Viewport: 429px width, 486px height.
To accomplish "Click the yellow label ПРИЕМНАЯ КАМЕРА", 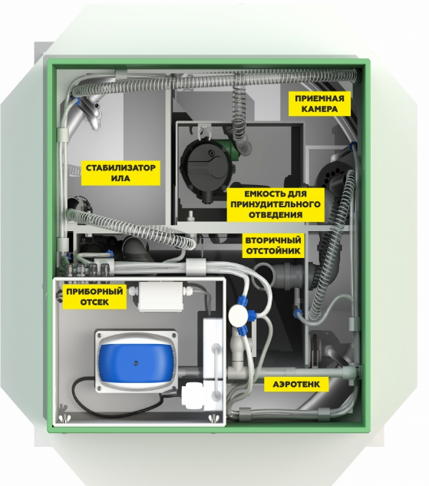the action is pyautogui.click(x=319, y=104).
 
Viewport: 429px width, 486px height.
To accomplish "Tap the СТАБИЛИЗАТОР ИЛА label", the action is pyautogui.click(x=120, y=173).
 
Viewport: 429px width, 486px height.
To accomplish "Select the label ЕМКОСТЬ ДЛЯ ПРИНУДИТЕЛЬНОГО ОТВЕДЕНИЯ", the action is pyautogui.click(x=276, y=204).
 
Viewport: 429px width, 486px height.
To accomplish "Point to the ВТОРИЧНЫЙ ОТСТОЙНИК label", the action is pyautogui.click(x=273, y=246).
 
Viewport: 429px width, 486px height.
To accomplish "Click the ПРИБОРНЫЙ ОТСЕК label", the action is pyautogui.click(x=94, y=296).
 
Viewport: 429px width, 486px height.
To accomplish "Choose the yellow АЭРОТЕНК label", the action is pyautogui.click(x=296, y=385).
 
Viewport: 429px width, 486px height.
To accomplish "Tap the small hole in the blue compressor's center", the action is pyautogui.click(x=135, y=362).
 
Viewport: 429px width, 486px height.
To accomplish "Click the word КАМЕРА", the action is pyautogui.click(x=319, y=109).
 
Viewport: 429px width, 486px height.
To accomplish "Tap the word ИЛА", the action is pyautogui.click(x=120, y=179).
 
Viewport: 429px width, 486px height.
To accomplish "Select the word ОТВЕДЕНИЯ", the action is pyautogui.click(x=276, y=215).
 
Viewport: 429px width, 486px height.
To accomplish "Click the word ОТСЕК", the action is pyautogui.click(x=94, y=302).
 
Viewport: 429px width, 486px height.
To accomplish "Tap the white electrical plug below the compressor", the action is pyautogui.click(x=193, y=397).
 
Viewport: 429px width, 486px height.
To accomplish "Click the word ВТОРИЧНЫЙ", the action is pyautogui.click(x=273, y=240).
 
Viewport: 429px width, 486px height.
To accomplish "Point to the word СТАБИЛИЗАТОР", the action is pyautogui.click(x=120, y=168).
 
